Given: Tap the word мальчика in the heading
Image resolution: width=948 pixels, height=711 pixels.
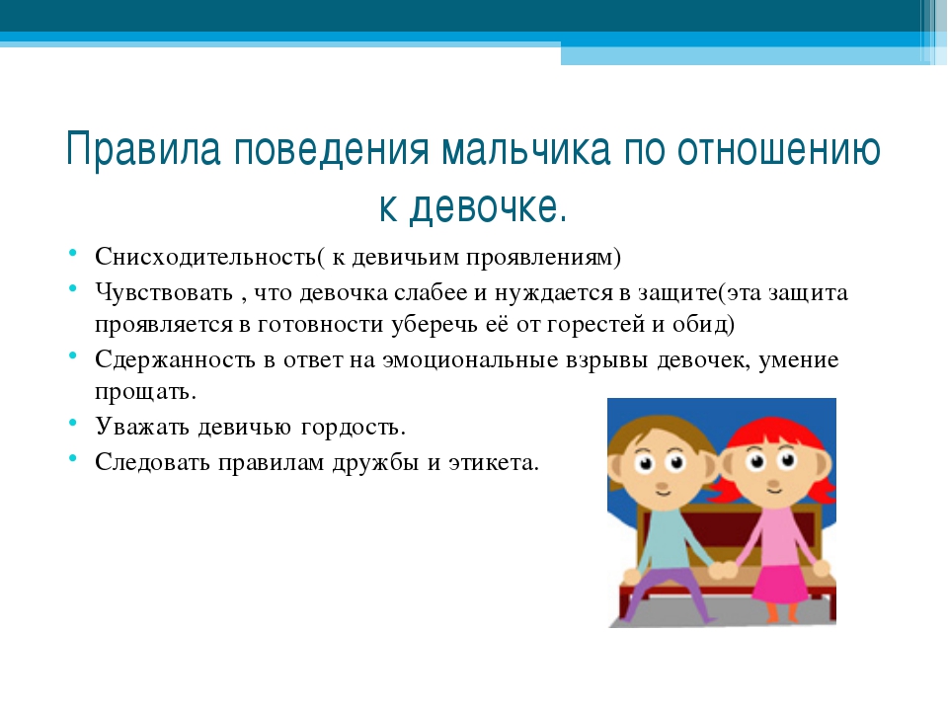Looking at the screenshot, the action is (526, 149).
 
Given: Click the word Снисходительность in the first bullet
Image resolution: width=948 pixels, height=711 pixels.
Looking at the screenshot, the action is (205, 257).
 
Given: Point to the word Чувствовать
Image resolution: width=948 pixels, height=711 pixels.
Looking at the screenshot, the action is (164, 292).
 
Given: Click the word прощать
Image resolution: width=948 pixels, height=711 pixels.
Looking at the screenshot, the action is (145, 392).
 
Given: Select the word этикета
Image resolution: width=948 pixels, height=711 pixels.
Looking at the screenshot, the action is (493, 462).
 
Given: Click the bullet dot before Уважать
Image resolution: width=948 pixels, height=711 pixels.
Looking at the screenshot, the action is (72, 422).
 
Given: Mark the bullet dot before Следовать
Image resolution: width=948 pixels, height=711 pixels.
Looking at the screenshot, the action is (72, 457).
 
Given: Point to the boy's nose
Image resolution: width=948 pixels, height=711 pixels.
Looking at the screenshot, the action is (662, 486).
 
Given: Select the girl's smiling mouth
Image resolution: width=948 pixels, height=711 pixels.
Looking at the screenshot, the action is (774, 492).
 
